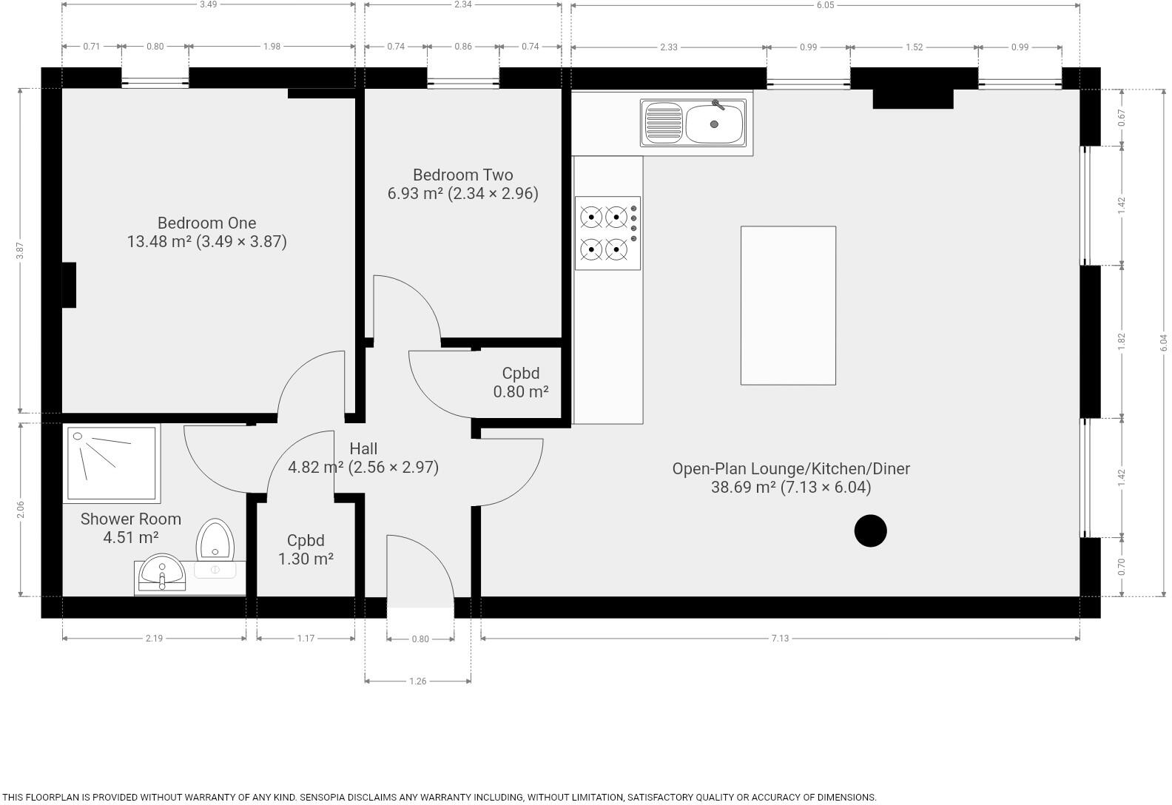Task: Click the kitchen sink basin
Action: point(714,124)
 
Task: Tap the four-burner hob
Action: point(607,233)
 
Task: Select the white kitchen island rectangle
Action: point(788,306)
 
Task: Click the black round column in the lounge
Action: point(870,531)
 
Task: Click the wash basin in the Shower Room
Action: point(162,572)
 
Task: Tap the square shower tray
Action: point(112,463)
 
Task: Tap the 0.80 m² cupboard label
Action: point(521,383)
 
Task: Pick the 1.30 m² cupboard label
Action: point(306,550)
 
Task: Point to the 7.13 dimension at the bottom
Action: point(780,639)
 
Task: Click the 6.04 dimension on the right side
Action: point(1163,342)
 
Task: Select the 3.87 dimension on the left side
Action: point(21,251)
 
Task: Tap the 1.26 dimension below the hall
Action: point(417,681)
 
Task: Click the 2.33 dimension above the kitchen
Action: point(668,47)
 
